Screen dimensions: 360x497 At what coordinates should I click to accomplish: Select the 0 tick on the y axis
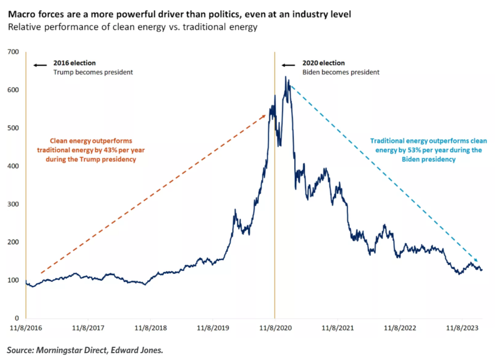click(x=16, y=318)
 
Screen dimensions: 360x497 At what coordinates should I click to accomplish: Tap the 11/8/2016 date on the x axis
click(x=25, y=328)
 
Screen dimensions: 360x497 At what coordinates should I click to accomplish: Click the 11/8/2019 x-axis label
click(x=212, y=328)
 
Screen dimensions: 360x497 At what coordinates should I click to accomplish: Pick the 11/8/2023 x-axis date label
click(x=461, y=328)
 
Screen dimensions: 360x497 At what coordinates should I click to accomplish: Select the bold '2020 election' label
click(x=323, y=63)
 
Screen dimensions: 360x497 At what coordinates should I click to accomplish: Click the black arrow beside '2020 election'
click(x=289, y=64)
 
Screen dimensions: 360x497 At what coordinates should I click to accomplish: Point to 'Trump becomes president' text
click(x=92, y=72)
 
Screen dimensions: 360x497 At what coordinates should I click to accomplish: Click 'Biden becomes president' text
click(x=341, y=72)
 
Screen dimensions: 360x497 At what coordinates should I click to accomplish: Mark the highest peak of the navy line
click(x=286, y=77)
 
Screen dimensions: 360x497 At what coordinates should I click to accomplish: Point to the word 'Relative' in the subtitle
click(x=22, y=27)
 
